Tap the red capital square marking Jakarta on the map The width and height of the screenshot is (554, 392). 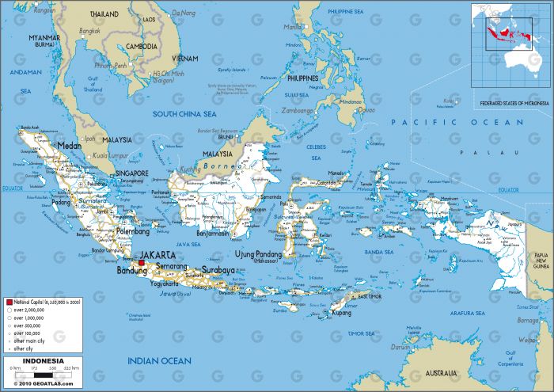tap(142, 262)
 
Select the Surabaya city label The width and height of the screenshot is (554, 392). tap(218, 269)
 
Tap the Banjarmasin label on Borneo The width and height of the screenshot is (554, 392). tap(213, 234)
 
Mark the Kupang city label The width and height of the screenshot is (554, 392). tap(341, 313)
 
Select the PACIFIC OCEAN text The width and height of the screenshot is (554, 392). tap(457, 123)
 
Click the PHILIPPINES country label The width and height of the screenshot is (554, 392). tap(303, 79)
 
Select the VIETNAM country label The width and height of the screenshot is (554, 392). tap(185, 59)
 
